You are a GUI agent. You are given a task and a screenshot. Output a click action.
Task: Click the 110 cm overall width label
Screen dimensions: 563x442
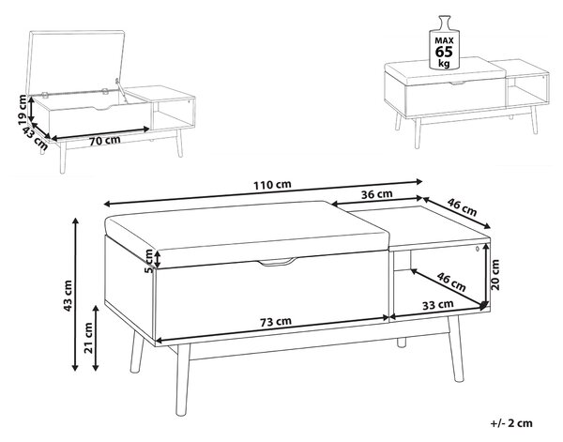point(272,185)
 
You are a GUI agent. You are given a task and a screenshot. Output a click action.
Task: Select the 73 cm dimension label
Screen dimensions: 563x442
point(276,321)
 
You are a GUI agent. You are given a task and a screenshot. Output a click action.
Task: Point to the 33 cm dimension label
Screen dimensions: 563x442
point(437,305)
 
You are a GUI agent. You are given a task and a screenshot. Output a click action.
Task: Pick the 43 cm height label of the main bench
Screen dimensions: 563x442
point(68,296)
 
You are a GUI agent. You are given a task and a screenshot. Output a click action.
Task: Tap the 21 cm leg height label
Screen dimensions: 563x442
point(88,338)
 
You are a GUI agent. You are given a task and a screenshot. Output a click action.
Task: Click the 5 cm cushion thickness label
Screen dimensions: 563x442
point(148,261)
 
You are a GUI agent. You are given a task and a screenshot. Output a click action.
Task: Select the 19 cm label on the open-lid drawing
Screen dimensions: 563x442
point(23,110)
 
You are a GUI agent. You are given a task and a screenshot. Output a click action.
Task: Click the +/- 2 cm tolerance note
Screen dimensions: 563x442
point(511,423)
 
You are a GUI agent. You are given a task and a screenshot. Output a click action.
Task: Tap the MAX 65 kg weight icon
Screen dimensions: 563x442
point(445,43)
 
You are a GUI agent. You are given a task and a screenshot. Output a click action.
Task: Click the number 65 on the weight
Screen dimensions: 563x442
point(444,52)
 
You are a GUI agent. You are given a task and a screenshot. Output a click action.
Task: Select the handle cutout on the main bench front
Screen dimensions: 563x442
point(278,262)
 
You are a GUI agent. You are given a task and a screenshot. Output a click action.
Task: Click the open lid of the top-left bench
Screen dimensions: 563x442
point(75,62)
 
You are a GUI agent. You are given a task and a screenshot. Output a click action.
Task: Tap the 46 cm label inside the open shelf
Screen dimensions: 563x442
point(451,282)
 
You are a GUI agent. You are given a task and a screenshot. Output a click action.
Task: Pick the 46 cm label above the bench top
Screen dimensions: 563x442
point(463,206)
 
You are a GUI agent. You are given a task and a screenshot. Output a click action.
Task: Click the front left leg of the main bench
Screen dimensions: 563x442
point(183,379)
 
